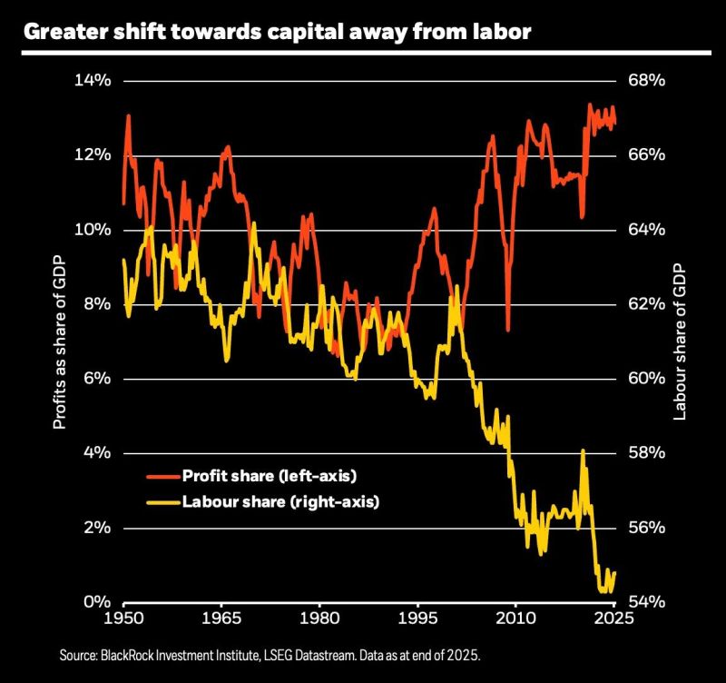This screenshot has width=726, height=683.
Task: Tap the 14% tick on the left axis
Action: [91, 80]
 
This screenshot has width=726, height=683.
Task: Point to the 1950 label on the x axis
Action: [123, 620]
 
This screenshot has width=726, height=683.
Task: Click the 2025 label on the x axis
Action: [614, 620]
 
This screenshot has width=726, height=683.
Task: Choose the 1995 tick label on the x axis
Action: [417, 620]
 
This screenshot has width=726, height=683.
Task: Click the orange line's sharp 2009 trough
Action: [508, 329]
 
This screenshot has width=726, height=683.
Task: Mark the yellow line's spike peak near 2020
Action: [583, 451]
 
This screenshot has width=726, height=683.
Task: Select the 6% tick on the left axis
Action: [96, 379]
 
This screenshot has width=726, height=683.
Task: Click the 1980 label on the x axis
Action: [319, 620]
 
